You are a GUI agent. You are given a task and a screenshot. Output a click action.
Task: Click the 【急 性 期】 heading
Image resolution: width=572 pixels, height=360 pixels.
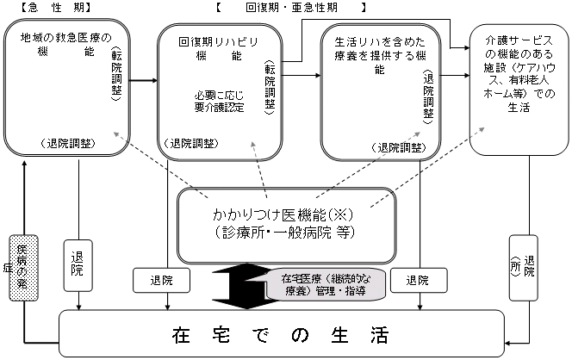click(x=49, y=8)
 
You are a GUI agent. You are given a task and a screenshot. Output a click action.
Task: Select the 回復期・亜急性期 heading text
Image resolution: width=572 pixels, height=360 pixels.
click(x=290, y=8)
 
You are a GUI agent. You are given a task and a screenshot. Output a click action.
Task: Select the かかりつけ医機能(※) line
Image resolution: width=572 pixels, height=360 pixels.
click(x=284, y=214)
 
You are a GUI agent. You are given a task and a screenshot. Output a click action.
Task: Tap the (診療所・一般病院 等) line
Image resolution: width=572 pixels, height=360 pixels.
click(x=285, y=232)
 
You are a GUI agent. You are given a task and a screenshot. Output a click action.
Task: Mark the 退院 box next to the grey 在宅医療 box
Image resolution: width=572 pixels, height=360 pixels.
click(x=417, y=281)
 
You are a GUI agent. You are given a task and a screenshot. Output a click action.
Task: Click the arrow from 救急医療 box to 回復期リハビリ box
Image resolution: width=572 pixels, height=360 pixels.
click(x=142, y=83)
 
